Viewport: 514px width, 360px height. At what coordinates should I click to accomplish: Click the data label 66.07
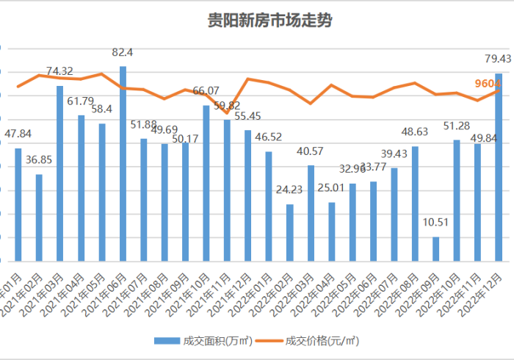(206, 91)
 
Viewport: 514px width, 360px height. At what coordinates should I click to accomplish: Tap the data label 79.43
(499, 59)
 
